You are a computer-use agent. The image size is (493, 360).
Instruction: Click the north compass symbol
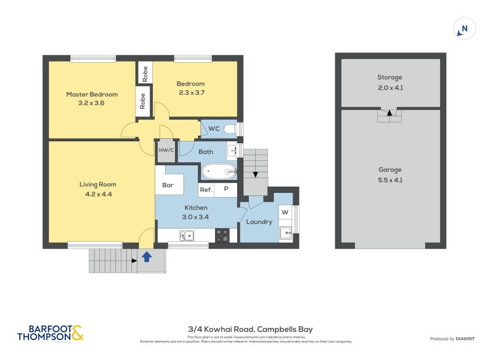(464, 28)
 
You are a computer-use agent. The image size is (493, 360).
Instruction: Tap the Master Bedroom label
(92, 94)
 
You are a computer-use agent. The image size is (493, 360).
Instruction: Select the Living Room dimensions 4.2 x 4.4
(97, 194)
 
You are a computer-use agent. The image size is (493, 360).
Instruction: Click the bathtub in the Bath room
(219, 171)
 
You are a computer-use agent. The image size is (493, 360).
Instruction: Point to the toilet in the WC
(230, 129)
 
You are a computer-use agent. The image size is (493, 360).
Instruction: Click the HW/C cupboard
(166, 150)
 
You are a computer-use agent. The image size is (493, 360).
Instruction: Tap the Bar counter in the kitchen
(168, 184)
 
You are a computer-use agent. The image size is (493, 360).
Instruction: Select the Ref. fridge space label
(206, 190)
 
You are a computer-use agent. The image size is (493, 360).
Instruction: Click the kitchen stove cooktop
(222, 235)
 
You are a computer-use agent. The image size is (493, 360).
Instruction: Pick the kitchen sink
(185, 235)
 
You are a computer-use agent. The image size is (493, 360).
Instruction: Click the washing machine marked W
(284, 213)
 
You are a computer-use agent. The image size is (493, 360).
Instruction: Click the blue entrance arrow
(147, 256)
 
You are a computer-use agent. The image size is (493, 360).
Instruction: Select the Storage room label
(389, 78)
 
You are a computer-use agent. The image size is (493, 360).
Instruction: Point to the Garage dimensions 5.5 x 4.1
(389, 179)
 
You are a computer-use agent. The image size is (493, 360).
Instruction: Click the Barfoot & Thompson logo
(50, 333)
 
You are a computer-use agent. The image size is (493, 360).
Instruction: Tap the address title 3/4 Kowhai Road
(250, 329)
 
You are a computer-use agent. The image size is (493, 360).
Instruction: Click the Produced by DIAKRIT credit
(455, 338)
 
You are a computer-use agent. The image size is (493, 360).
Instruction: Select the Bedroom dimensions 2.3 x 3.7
(190, 92)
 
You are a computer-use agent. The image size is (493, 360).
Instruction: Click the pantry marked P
(226, 190)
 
